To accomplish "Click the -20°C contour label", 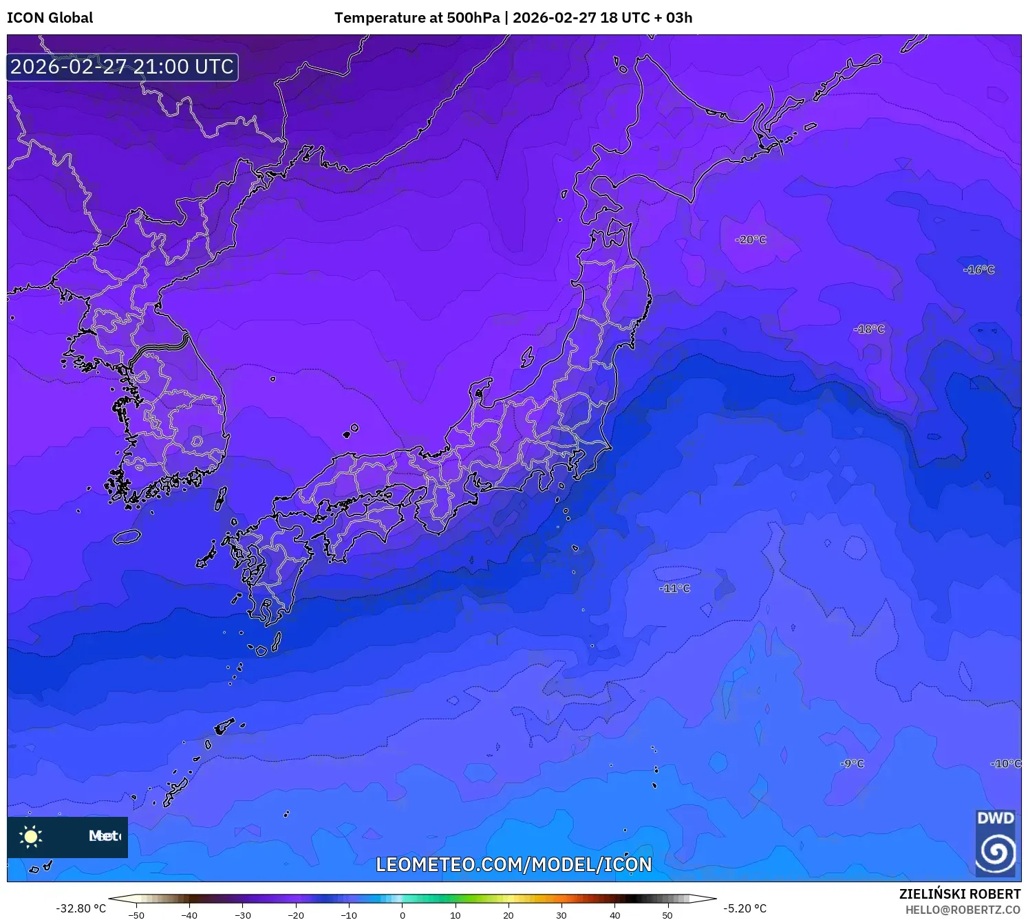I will pyautogui.click(x=750, y=240).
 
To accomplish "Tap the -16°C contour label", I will pyautogui.click(x=978, y=270).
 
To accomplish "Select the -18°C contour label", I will pyautogui.click(x=869, y=329).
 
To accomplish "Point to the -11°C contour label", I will pyautogui.click(x=674, y=589).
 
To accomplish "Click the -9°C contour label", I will pyautogui.click(x=852, y=764).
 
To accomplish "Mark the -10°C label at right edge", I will pyautogui.click(x=1006, y=764).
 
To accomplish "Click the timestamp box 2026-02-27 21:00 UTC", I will pyautogui.click(x=122, y=67).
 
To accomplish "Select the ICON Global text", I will pyautogui.click(x=50, y=18).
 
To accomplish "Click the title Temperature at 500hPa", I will pyautogui.click(x=417, y=18).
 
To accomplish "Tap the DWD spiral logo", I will pyautogui.click(x=995, y=851).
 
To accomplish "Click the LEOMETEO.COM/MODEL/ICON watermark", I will pyautogui.click(x=513, y=864).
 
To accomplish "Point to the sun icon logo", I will pyautogui.click(x=31, y=837).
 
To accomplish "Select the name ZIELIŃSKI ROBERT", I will pyautogui.click(x=960, y=894).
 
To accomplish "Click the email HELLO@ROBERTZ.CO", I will pyautogui.click(x=963, y=910).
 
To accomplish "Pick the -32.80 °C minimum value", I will pyautogui.click(x=81, y=908).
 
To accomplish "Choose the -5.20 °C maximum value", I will pyautogui.click(x=745, y=908).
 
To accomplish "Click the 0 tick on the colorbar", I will pyautogui.click(x=403, y=915).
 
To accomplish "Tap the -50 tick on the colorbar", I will pyautogui.click(x=136, y=915).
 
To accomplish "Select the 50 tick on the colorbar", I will pyautogui.click(x=667, y=915).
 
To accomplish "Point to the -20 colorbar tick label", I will pyautogui.click(x=295, y=915).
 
